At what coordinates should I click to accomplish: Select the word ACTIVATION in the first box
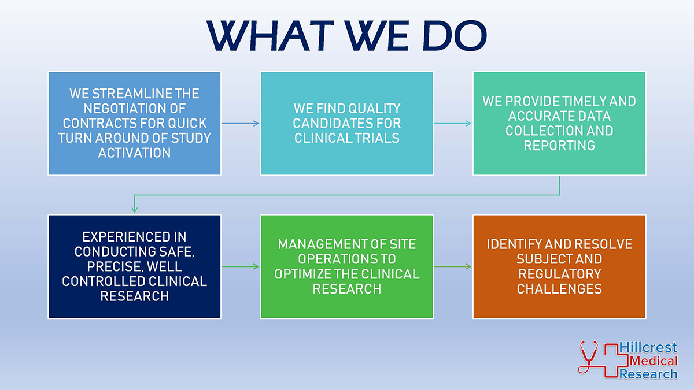[x=134, y=153]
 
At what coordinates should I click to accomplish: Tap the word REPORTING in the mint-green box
[x=559, y=146]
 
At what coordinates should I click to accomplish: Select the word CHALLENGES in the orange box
[x=559, y=289]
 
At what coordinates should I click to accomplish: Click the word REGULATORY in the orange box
[x=559, y=274]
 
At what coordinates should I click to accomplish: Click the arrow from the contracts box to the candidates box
[x=241, y=123]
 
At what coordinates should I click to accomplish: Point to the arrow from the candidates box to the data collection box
[x=453, y=123]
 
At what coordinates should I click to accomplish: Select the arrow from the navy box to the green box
[x=241, y=266]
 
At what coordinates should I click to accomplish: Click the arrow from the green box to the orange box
[x=453, y=266]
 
